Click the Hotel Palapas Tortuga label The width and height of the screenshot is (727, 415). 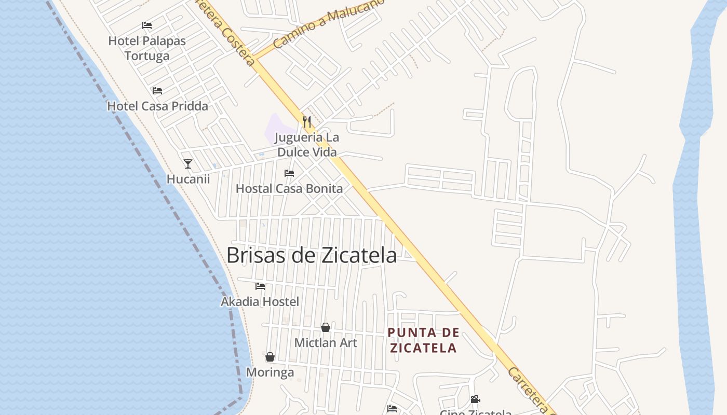point(147,48)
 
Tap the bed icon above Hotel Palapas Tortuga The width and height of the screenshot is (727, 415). point(147,25)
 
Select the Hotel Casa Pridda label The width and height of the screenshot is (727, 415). point(157,106)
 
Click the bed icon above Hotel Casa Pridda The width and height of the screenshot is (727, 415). point(157,91)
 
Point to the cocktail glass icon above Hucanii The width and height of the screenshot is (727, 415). point(188,164)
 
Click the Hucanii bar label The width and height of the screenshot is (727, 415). point(188,179)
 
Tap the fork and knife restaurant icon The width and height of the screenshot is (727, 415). point(307,122)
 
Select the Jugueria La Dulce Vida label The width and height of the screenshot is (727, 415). point(307,145)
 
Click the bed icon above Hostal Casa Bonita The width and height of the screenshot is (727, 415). point(289,173)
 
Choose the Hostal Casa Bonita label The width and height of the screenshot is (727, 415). point(289,189)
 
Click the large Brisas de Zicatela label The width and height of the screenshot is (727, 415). point(312,255)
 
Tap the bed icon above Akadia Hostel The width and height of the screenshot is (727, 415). point(260,286)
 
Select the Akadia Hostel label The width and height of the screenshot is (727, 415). point(260,302)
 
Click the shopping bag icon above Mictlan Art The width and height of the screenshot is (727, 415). point(326,327)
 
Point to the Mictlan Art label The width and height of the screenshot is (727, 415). point(326,343)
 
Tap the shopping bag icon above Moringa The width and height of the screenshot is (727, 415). point(270,357)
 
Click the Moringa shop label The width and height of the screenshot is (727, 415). point(270,372)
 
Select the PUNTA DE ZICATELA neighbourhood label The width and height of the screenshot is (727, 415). point(423,340)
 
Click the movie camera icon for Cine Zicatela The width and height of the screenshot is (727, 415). point(475,399)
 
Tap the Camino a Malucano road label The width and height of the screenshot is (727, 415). point(328,24)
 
